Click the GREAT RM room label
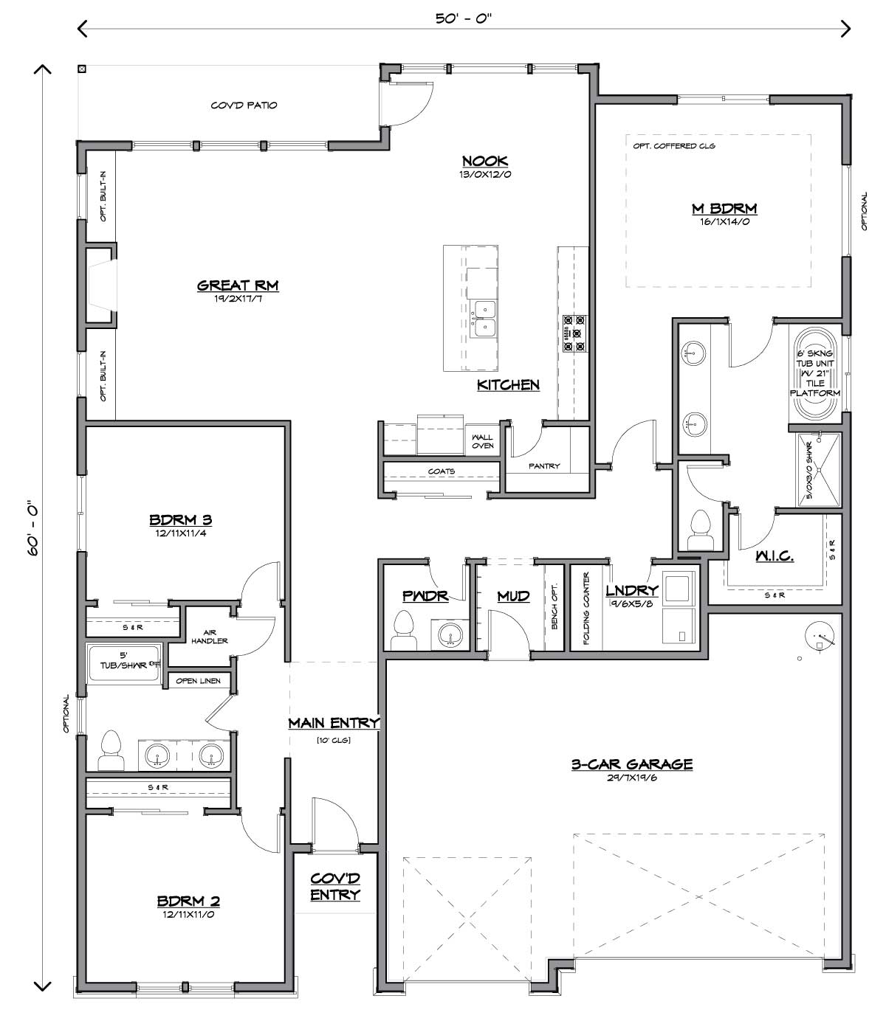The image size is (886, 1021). pos(238,285)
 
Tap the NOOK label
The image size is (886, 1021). pos(485,161)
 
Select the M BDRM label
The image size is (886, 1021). pos(724,209)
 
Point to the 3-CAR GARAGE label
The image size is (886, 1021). pos(632,764)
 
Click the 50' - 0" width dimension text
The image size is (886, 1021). pos(464,18)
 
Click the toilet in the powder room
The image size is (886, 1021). pos(403,631)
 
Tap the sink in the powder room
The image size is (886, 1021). pos(450,633)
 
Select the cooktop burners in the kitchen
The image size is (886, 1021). pos(574,333)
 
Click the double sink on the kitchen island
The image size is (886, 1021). pos(483,319)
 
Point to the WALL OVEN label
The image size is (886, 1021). pos(482,441)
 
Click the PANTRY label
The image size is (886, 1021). pos(544,465)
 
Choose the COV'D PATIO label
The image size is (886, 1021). pos(244,105)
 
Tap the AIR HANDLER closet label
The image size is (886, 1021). pos(209,636)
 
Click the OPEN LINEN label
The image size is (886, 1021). pos(199,681)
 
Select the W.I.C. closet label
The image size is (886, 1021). pos(775,556)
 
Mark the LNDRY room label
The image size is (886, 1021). pos(632,590)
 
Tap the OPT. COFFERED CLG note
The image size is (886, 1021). pos(674,146)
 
